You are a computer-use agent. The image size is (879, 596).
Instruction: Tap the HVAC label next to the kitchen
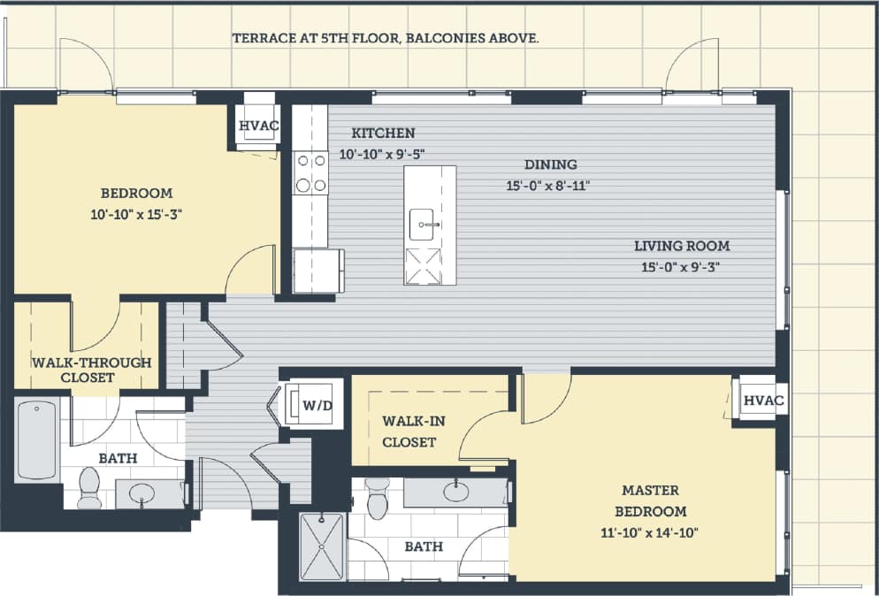(x=258, y=126)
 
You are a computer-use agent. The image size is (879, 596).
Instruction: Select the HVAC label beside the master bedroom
(x=763, y=401)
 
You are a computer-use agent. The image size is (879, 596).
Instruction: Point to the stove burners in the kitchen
(x=310, y=172)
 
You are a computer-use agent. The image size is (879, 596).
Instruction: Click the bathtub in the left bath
(x=36, y=439)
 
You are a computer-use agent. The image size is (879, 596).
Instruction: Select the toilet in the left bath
(x=89, y=488)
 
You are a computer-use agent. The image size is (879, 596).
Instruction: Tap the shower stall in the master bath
(x=322, y=546)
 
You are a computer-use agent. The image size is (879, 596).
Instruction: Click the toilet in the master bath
(x=378, y=500)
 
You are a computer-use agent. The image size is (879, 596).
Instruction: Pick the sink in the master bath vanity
(x=456, y=492)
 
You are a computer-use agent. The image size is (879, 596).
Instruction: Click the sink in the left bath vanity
(x=141, y=494)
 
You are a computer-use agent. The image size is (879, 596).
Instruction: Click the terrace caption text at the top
(x=386, y=39)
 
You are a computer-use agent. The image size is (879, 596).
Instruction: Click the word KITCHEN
(x=383, y=134)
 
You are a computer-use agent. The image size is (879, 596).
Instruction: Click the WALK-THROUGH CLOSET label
(x=91, y=370)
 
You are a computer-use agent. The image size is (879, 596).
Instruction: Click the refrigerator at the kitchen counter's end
(x=317, y=270)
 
